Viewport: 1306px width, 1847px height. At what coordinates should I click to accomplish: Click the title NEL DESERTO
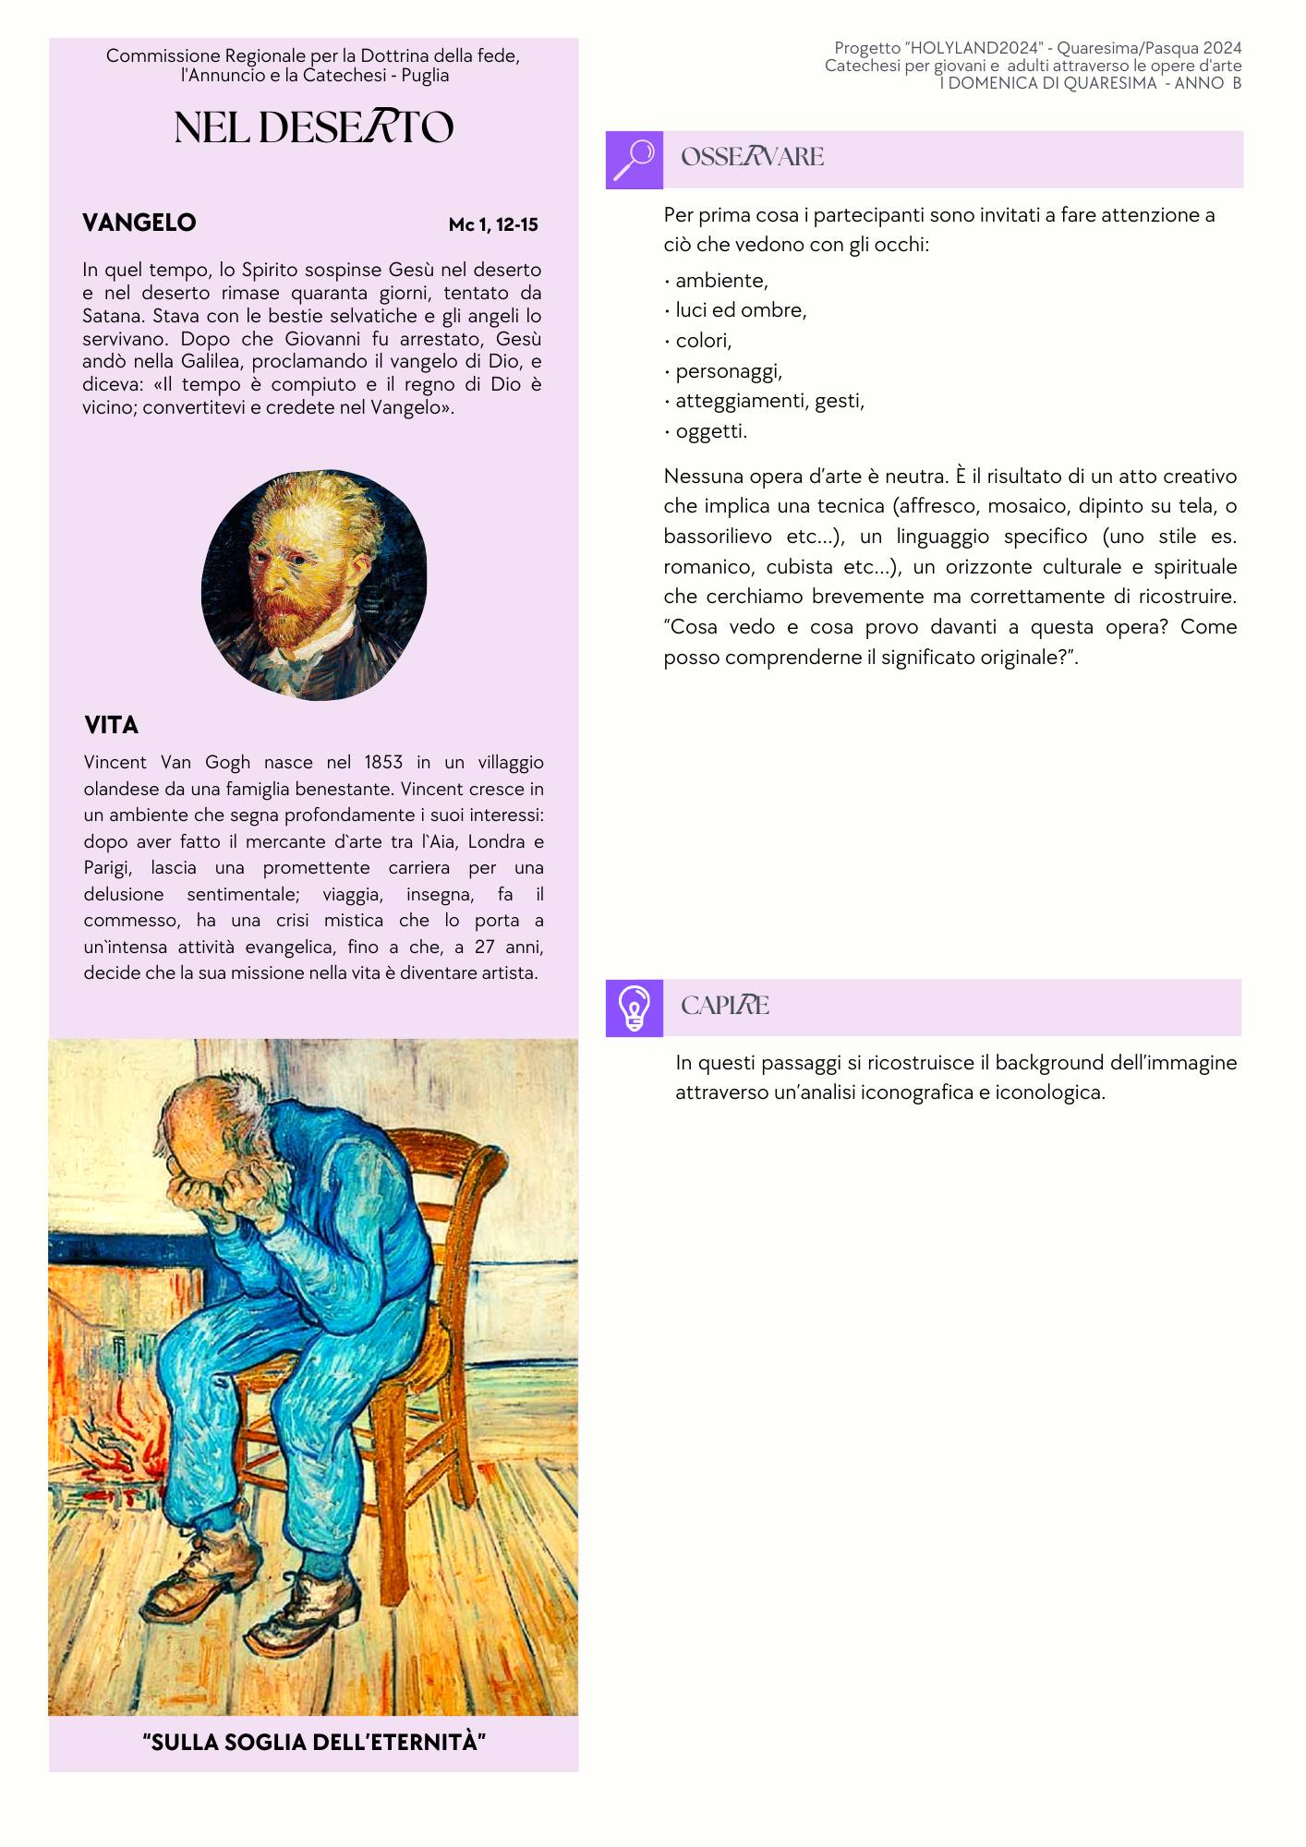[x=313, y=127]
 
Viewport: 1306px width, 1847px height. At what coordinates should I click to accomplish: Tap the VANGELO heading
[x=139, y=223]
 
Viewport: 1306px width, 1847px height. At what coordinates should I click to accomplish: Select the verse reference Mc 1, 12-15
[x=493, y=224]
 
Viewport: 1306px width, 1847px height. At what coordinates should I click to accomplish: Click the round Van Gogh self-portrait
[x=314, y=584]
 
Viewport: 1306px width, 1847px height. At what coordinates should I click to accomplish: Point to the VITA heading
[x=111, y=725]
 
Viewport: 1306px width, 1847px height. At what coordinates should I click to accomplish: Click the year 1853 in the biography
[x=382, y=763]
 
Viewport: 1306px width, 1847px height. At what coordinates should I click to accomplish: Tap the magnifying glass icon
[x=634, y=160]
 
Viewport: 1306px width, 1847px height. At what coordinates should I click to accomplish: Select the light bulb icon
[x=634, y=1008]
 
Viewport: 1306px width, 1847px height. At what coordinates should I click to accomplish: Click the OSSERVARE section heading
[x=752, y=157]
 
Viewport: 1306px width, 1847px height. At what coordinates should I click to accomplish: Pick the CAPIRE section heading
[x=724, y=1006]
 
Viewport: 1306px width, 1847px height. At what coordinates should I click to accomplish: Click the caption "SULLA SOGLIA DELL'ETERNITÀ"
[x=314, y=1743]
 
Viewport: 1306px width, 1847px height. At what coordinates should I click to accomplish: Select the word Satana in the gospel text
[x=113, y=316]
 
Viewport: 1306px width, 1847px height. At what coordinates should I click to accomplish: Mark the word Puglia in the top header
[x=425, y=76]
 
